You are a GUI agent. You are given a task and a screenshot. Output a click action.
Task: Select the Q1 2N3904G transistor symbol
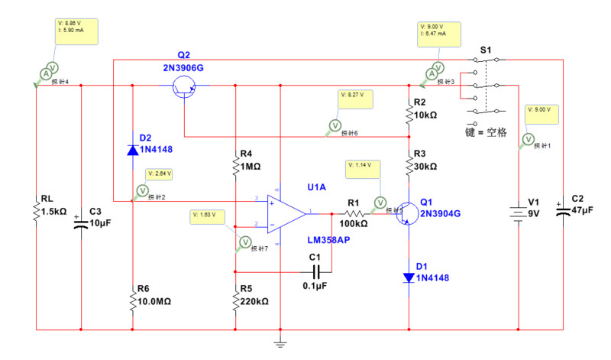tap(405, 214)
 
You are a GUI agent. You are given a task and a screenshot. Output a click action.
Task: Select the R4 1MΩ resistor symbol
tap(235, 165)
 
